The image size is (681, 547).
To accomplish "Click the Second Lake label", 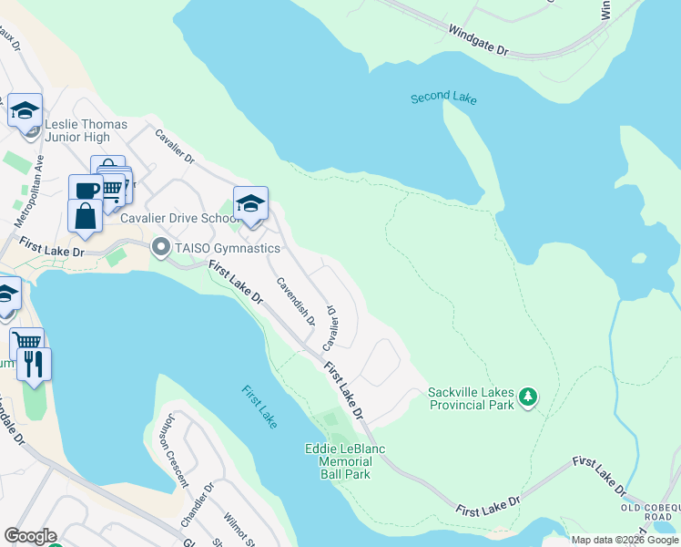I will point(443,98).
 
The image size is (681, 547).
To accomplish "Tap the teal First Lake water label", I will point(259,407).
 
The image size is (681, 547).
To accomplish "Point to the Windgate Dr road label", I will point(478,41).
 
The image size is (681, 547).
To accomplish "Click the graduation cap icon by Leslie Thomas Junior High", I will point(25,110).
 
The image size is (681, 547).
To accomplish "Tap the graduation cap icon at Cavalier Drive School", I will point(250,203).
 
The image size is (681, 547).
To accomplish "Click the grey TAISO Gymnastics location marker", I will point(161,247).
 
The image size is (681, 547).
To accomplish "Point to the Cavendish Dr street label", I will point(296,301).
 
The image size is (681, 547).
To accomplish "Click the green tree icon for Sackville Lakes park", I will point(528,397).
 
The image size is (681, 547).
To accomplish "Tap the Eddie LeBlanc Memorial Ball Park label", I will point(345,461).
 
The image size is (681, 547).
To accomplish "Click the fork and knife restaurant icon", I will point(34,365).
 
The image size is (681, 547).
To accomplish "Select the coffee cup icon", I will point(86,191).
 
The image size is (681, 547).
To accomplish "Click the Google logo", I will point(30,536).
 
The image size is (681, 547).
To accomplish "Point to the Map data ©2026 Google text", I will point(624,540).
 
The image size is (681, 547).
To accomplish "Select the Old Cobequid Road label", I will point(647,511).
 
